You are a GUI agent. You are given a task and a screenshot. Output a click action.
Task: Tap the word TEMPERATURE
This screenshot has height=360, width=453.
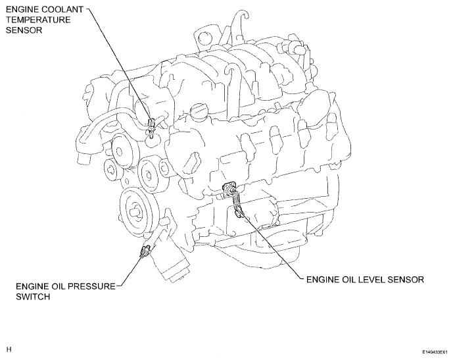(38, 20)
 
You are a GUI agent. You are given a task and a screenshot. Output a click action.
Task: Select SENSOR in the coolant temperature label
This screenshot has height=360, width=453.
(24, 30)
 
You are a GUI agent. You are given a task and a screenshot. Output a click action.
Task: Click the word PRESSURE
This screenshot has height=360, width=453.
(91, 286)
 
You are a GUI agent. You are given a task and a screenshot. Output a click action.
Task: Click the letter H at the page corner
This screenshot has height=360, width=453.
(9, 349)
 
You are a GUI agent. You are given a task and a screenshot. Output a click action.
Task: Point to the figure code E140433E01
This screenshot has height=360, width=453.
(435, 352)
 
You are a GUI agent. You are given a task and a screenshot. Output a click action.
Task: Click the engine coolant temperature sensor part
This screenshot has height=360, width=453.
(151, 127)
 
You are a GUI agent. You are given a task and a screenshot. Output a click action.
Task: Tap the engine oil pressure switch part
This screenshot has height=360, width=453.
(145, 251)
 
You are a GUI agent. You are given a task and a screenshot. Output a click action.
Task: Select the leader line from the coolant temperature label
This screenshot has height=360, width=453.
(119, 67)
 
